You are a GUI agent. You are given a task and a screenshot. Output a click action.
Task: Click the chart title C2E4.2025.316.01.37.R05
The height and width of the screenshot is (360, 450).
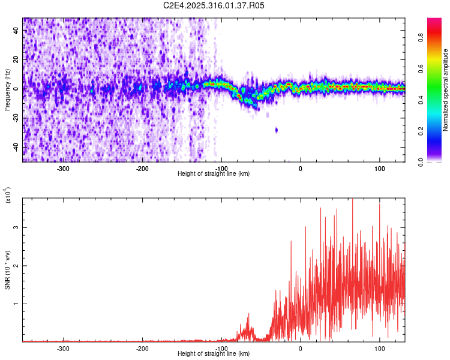point(214,5)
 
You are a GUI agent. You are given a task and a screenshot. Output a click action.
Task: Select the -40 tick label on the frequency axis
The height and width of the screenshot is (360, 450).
point(15,147)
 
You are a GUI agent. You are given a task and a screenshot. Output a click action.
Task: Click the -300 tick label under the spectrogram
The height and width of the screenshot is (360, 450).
point(63,168)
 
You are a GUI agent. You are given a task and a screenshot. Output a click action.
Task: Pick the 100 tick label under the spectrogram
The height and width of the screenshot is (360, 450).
point(380,168)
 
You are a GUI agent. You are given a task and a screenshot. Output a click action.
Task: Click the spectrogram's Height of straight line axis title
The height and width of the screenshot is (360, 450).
point(214,174)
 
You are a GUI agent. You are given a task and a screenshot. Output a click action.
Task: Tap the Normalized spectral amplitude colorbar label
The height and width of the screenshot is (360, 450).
point(446,90)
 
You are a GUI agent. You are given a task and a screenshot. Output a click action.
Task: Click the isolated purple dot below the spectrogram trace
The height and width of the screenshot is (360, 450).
point(277,130)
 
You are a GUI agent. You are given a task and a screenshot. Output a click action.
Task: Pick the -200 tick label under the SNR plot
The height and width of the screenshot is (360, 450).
point(142,348)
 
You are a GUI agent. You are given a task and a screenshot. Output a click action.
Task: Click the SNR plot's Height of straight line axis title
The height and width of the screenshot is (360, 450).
point(214,354)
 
